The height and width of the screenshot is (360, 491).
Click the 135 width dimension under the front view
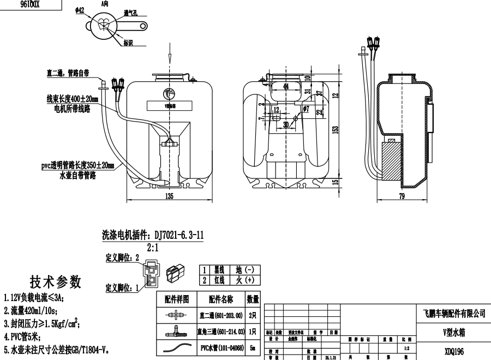169,197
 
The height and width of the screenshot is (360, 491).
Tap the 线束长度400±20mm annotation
72,99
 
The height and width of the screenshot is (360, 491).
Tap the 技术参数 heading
56,281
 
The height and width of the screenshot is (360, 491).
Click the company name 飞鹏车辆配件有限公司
454,313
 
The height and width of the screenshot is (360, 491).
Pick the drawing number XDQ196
454,349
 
